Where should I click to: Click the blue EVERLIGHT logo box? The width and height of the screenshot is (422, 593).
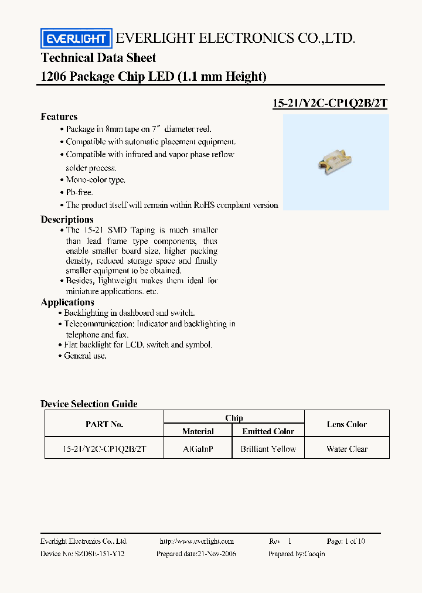tap(76, 39)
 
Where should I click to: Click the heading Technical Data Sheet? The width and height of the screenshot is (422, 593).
tap(98, 58)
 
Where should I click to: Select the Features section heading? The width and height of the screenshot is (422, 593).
tap(59, 117)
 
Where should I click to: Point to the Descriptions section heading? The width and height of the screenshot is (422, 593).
tap(67, 219)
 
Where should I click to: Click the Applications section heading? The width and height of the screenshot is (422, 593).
tap(67, 302)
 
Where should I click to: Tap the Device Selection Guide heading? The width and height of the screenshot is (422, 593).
tap(89, 404)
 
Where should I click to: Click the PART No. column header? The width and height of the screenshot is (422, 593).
tap(104, 424)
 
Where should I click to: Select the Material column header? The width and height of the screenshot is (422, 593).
tap(198, 431)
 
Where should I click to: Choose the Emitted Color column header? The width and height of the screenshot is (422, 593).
tap(268, 431)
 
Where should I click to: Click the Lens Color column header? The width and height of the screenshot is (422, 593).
tap(347, 424)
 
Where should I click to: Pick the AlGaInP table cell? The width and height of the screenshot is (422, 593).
tap(198, 449)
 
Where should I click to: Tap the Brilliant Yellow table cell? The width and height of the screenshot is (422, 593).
tap(268, 449)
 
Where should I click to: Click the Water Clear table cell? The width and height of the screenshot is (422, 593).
tap(347, 449)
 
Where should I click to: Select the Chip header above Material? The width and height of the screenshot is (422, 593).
tap(234, 418)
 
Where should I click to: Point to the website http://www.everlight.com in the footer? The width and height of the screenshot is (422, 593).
tap(196, 541)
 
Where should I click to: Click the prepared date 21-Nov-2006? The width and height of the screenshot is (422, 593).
tap(214, 554)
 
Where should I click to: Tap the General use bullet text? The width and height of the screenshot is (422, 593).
tap(86, 356)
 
